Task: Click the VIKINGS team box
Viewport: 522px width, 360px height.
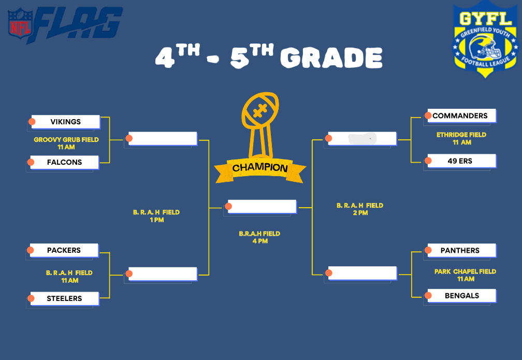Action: tap(66, 122)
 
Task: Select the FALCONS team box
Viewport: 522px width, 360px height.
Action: tap(65, 162)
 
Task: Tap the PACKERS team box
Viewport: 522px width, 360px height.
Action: tap(64, 250)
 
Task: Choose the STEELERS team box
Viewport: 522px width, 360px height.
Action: tap(65, 298)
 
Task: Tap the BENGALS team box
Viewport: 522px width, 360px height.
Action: tap(462, 296)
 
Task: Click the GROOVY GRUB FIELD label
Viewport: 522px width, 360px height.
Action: tap(66, 139)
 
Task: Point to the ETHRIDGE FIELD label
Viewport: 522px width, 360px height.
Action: tap(461, 135)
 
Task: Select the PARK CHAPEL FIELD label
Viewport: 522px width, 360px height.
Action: tap(466, 271)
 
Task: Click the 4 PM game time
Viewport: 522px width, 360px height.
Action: tap(260, 241)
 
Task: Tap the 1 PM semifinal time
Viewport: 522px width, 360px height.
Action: tap(157, 220)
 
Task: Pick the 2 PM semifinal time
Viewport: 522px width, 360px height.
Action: tap(360, 213)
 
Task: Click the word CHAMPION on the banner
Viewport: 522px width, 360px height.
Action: tap(260, 167)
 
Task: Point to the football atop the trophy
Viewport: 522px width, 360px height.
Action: tap(260, 110)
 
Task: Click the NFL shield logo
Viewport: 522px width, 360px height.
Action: tap(21, 23)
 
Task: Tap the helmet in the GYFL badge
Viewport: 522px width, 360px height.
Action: tap(485, 47)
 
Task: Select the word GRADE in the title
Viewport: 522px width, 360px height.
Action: tap(331, 57)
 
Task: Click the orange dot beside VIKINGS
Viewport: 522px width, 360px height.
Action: tap(32, 122)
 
